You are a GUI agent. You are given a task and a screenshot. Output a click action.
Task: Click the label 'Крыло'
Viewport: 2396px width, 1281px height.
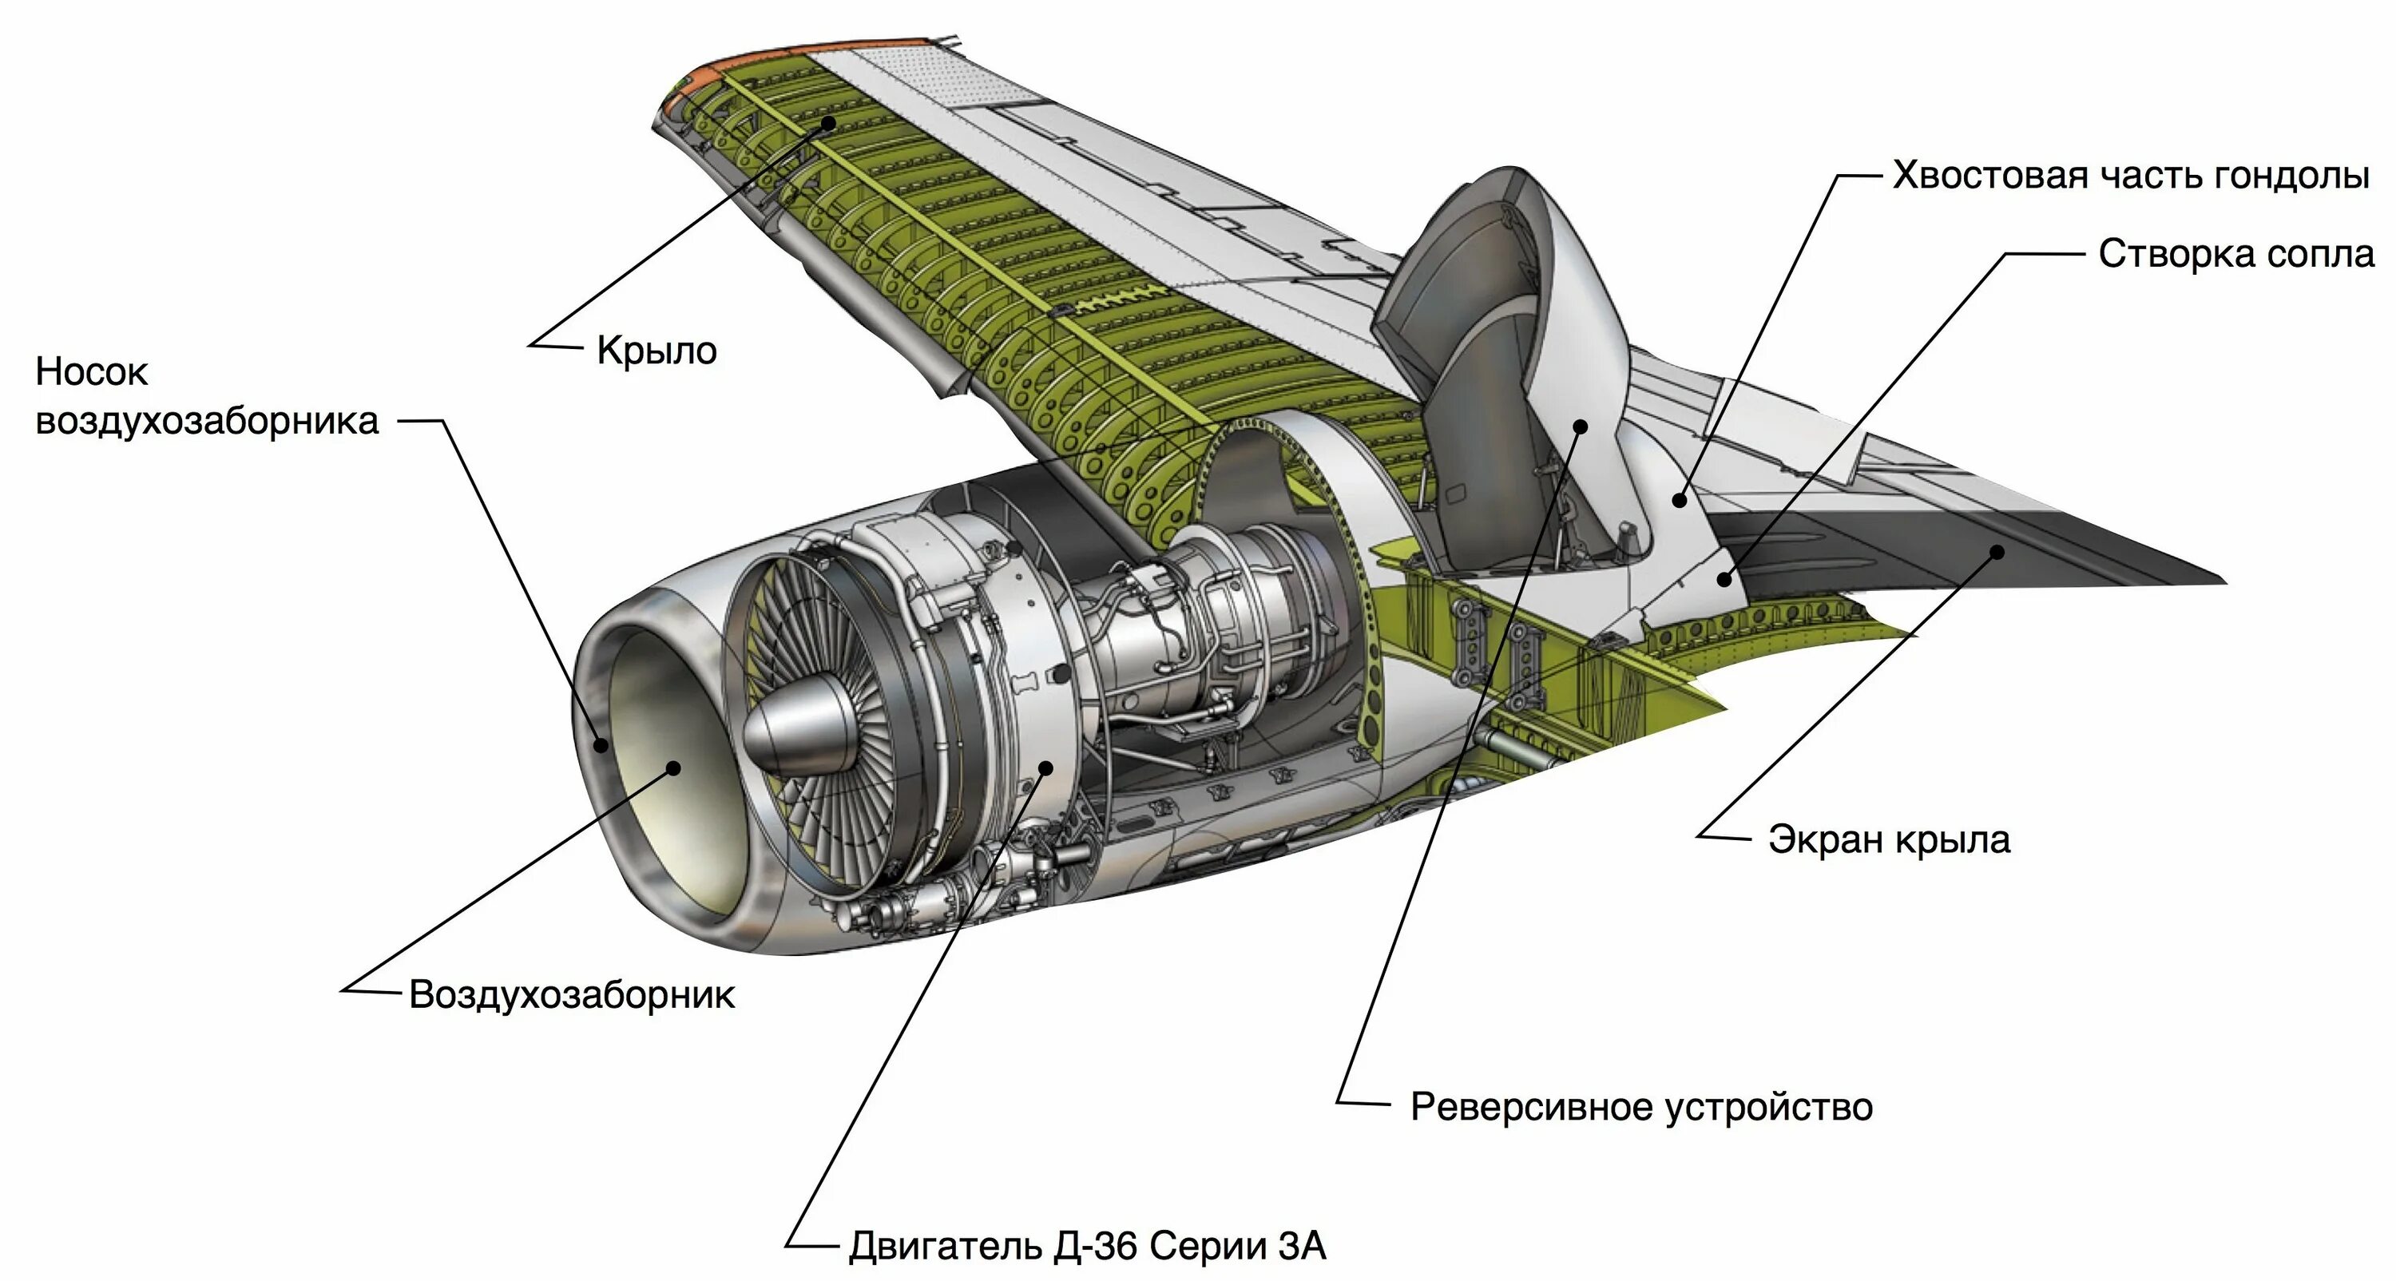point(657,351)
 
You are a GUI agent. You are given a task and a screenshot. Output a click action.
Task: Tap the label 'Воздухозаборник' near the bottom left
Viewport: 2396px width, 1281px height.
point(572,994)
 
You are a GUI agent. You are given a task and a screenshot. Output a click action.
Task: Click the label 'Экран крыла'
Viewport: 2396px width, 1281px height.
point(1889,839)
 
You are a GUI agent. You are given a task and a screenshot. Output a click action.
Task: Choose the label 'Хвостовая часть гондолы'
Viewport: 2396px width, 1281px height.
point(2131,175)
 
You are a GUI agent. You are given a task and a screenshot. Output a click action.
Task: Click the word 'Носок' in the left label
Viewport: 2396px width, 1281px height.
point(91,372)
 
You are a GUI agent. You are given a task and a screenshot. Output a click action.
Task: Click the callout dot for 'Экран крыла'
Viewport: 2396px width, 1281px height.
point(1997,551)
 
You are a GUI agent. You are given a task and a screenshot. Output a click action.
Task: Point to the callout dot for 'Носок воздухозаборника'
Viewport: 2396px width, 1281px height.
point(601,744)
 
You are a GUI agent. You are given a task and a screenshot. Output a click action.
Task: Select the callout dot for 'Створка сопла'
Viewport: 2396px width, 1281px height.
point(1724,579)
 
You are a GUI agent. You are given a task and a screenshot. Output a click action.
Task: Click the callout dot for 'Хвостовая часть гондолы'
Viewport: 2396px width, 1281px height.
point(1679,501)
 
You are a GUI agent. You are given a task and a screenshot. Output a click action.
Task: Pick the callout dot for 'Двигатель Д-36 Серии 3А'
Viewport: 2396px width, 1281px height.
point(1045,768)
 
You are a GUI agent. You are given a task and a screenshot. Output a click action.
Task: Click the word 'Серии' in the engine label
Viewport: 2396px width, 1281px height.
point(1208,1247)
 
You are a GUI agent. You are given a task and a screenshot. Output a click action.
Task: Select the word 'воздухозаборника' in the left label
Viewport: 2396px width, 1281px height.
point(208,421)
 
